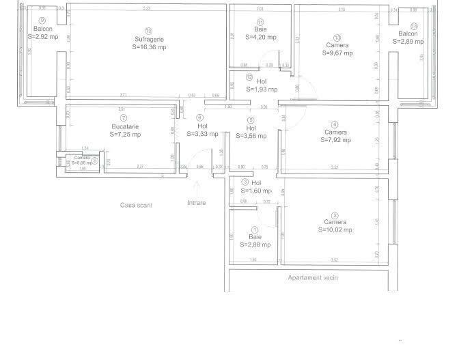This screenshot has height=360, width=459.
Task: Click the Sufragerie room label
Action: click(x=148, y=39)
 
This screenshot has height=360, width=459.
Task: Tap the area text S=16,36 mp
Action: click(x=148, y=47)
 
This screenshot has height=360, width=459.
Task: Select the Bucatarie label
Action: click(x=124, y=127)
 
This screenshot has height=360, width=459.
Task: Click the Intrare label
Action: click(x=196, y=203)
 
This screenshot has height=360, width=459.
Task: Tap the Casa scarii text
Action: click(x=135, y=205)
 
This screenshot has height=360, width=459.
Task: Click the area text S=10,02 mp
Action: click(x=335, y=230)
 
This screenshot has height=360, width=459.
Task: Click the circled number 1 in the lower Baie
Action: click(x=254, y=230)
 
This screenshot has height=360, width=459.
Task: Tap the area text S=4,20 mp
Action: click(x=261, y=38)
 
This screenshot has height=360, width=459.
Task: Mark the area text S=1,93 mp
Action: click(x=262, y=89)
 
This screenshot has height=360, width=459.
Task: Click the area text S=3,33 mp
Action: click(x=202, y=134)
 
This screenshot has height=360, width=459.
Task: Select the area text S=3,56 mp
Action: click(x=251, y=135)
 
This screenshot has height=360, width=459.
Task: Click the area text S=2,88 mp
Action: click(x=256, y=244)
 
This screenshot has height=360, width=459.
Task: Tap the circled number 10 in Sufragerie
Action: click(x=148, y=31)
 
